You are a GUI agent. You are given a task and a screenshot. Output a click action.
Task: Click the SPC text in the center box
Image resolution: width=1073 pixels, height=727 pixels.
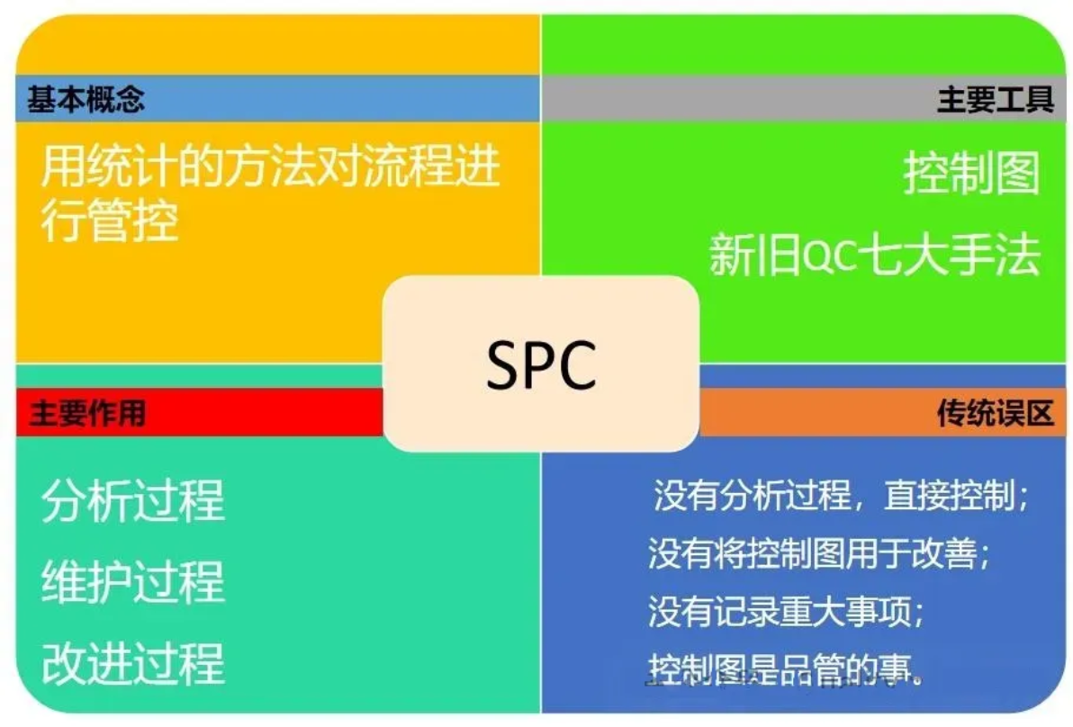541,364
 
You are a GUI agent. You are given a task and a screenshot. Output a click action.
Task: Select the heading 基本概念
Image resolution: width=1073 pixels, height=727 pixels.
86,99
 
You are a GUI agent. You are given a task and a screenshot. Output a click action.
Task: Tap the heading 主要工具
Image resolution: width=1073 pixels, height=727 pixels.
995,99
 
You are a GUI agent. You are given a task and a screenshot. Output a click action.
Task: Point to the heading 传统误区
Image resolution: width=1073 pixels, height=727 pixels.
995,413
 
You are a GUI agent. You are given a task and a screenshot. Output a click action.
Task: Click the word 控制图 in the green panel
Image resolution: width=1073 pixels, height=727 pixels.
971,174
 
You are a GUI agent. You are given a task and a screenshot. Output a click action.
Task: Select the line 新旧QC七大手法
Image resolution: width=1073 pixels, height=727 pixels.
874,255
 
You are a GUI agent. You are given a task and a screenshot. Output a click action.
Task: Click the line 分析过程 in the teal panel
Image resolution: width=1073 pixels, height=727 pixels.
132,501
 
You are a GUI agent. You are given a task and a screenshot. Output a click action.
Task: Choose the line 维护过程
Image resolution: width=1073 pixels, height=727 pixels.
132,582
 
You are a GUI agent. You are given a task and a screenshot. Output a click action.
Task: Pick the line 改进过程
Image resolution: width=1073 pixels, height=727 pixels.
132,663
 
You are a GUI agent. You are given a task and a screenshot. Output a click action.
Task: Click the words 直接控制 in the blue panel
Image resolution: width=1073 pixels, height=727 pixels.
954,496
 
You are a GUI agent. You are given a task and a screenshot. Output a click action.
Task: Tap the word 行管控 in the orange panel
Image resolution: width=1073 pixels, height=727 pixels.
110,220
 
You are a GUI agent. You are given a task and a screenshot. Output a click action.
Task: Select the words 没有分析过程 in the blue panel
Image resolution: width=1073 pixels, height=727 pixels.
752,496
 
